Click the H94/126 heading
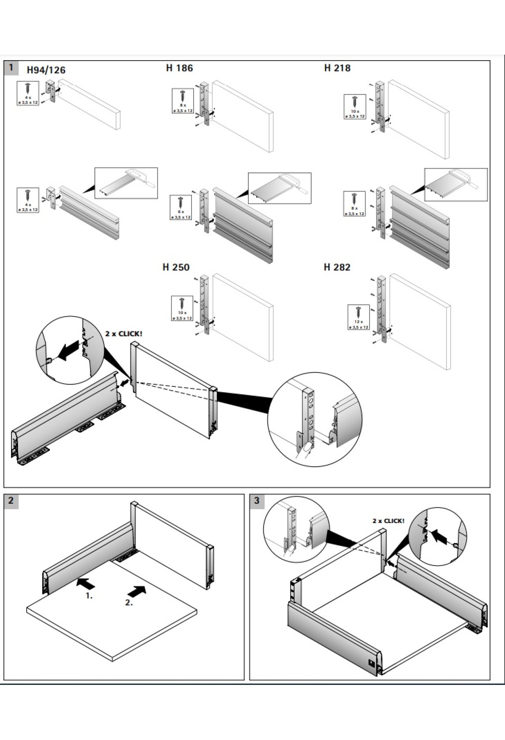click(x=46, y=70)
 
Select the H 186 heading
click(x=179, y=68)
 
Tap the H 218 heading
click(x=337, y=68)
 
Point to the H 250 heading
click(x=176, y=267)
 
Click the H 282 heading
click(x=337, y=267)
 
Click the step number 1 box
click(x=11, y=67)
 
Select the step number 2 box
click(x=11, y=500)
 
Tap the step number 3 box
click(x=257, y=500)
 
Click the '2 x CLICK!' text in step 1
click(x=124, y=334)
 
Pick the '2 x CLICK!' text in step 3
click(x=388, y=521)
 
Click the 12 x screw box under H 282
click(x=359, y=317)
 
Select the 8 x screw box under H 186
click(x=183, y=101)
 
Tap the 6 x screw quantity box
click(x=181, y=207)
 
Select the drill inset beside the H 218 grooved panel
click(x=456, y=185)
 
